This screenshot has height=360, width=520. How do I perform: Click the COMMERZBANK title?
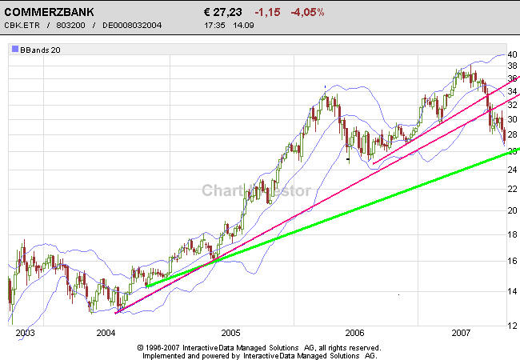tap(49, 13)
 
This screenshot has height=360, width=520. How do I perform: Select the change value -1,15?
tap(269, 13)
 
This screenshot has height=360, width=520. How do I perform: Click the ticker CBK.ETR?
tap(22, 26)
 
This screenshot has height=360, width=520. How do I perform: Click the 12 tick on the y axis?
tap(513, 325)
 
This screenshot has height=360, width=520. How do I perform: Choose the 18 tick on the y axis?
tap(513, 234)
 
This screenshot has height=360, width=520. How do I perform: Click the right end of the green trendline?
tap(518, 149)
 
